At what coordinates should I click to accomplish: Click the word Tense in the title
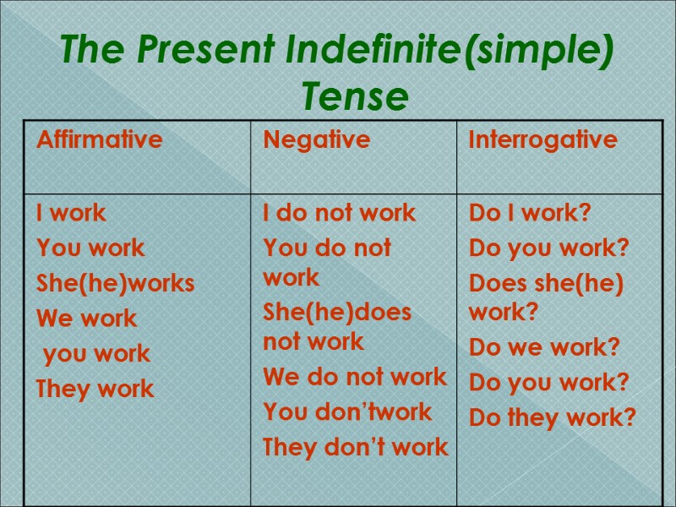click(x=355, y=97)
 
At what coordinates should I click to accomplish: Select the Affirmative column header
click(x=99, y=139)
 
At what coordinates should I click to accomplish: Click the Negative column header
click(x=317, y=139)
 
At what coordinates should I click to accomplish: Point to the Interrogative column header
click(x=543, y=139)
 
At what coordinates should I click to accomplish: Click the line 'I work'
click(x=71, y=213)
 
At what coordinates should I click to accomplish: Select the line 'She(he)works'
click(x=115, y=283)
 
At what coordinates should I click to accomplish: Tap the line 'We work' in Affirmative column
click(x=86, y=319)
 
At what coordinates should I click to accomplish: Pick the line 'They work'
click(x=95, y=390)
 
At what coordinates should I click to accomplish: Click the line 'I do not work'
click(x=340, y=213)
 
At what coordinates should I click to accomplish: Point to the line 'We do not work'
click(x=355, y=377)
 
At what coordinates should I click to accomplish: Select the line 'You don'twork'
click(x=347, y=412)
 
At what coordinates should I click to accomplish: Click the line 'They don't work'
click(x=356, y=447)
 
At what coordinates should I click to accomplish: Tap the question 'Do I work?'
click(x=530, y=213)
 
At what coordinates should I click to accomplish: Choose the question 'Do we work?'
click(x=544, y=346)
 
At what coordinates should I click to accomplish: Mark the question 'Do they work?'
click(x=552, y=417)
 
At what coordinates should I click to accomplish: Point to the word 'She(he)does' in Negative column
click(x=337, y=313)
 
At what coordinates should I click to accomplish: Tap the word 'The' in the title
click(x=93, y=52)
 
